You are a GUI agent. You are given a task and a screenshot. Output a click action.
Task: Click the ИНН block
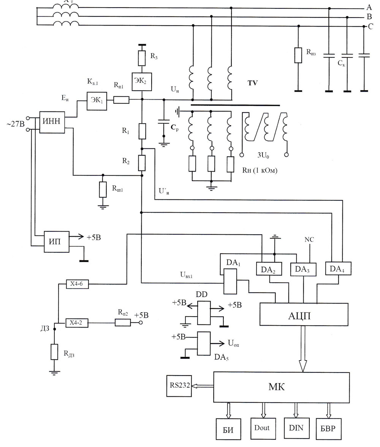click(x=52, y=122)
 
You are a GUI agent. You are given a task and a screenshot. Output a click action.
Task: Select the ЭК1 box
click(x=97, y=101)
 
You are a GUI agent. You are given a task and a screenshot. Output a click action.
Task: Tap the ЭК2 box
click(x=142, y=81)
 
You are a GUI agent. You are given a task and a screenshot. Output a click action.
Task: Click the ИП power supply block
click(x=56, y=242)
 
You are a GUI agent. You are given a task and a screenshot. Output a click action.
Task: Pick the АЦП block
click(x=304, y=315)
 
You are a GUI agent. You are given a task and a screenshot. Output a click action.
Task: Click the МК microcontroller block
click(x=282, y=387)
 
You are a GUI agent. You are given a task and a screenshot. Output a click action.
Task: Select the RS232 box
click(x=179, y=386)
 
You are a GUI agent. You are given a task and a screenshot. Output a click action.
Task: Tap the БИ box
click(x=228, y=429)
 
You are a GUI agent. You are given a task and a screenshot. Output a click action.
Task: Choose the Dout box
click(x=263, y=428)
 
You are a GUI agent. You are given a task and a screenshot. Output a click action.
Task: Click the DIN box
click(x=296, y=428)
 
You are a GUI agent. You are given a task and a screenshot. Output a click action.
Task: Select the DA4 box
click(x=338, y=268)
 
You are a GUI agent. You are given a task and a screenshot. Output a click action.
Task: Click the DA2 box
click(x=269, y=269)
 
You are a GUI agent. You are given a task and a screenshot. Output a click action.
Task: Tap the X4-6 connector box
click(x=77, y=284)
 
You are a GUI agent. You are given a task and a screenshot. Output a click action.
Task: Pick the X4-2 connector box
click(x=77, y=323)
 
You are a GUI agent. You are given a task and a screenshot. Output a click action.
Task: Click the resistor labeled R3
click(x=142, y=58)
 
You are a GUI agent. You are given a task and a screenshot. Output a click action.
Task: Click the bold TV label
click(x=252, y=83)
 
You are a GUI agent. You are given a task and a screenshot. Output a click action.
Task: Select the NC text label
click(x=309, y=239)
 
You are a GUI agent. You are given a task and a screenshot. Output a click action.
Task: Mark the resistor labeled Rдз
click(x=54, y=352)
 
